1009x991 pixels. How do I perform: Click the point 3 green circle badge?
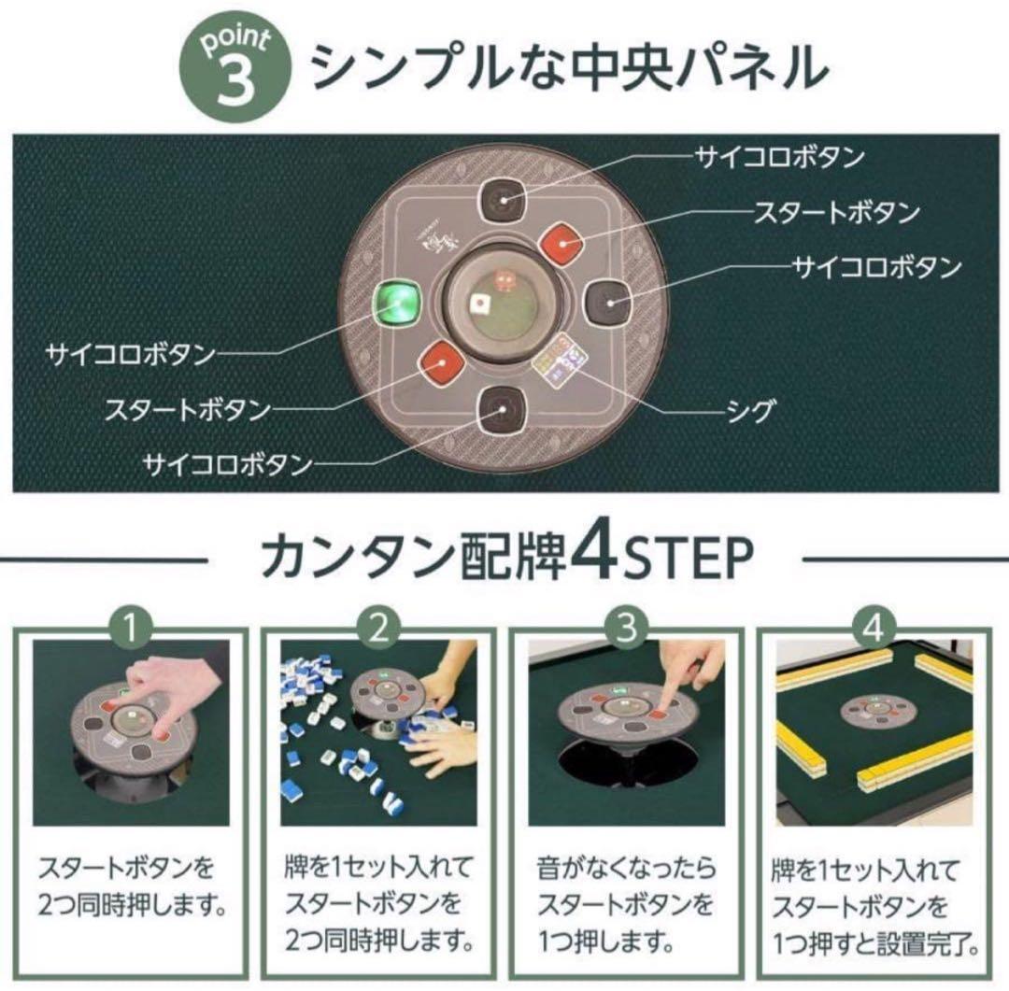tap(236, 67)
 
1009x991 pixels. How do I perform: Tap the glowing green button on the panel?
tap(396, 304)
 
